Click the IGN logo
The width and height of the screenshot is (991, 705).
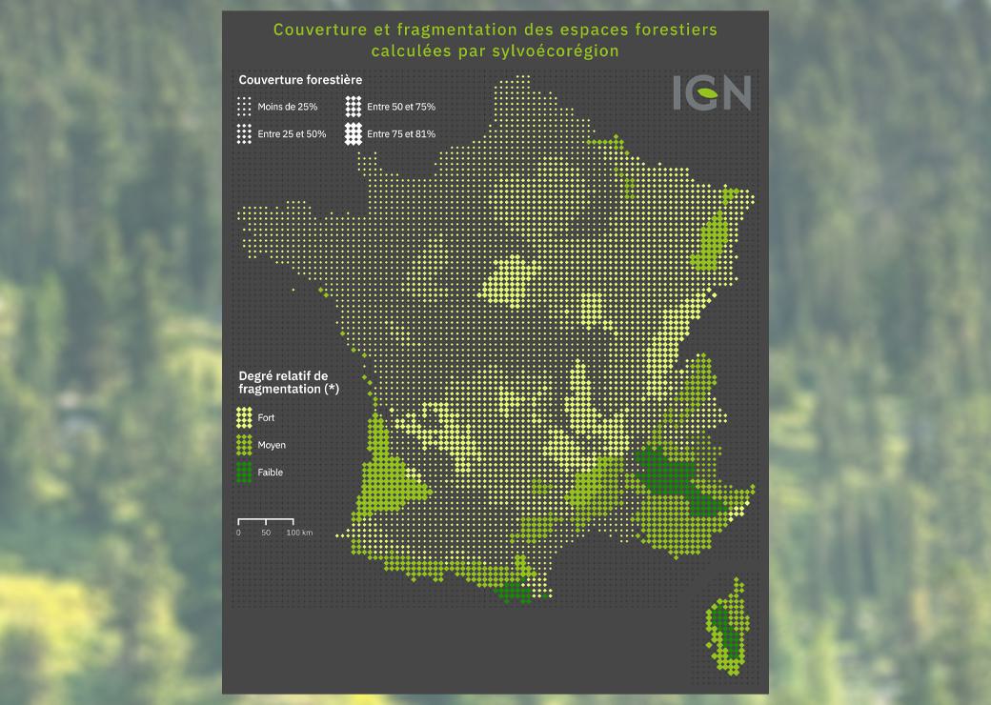click(x=712, y=93)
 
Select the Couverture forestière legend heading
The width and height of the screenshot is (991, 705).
click(x=300, y=80)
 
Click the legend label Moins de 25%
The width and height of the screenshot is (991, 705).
click(x=287, y=107)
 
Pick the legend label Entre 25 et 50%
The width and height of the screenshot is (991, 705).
click(x=292, y=134)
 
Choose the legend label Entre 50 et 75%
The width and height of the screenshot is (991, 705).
click(x=400, y=107)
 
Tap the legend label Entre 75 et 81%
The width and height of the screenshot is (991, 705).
click(x=400, y=134)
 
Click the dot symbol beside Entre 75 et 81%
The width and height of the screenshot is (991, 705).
click(x=354, y=134)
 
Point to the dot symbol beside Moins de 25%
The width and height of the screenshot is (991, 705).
click(x=245, y=107)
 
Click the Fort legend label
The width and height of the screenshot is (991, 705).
click(x=266, y=417)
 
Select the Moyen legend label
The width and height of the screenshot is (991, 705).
click(x=271, y=445)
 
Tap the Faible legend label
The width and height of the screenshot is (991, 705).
click(x=270, y=473)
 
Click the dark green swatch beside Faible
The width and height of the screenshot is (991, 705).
click(x=245, y=473)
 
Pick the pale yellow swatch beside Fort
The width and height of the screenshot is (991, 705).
click(x=245, y=417)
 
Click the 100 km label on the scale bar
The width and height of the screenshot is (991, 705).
click(x=299, y=533)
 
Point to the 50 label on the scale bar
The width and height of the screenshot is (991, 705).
click(x=266, y=533)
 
